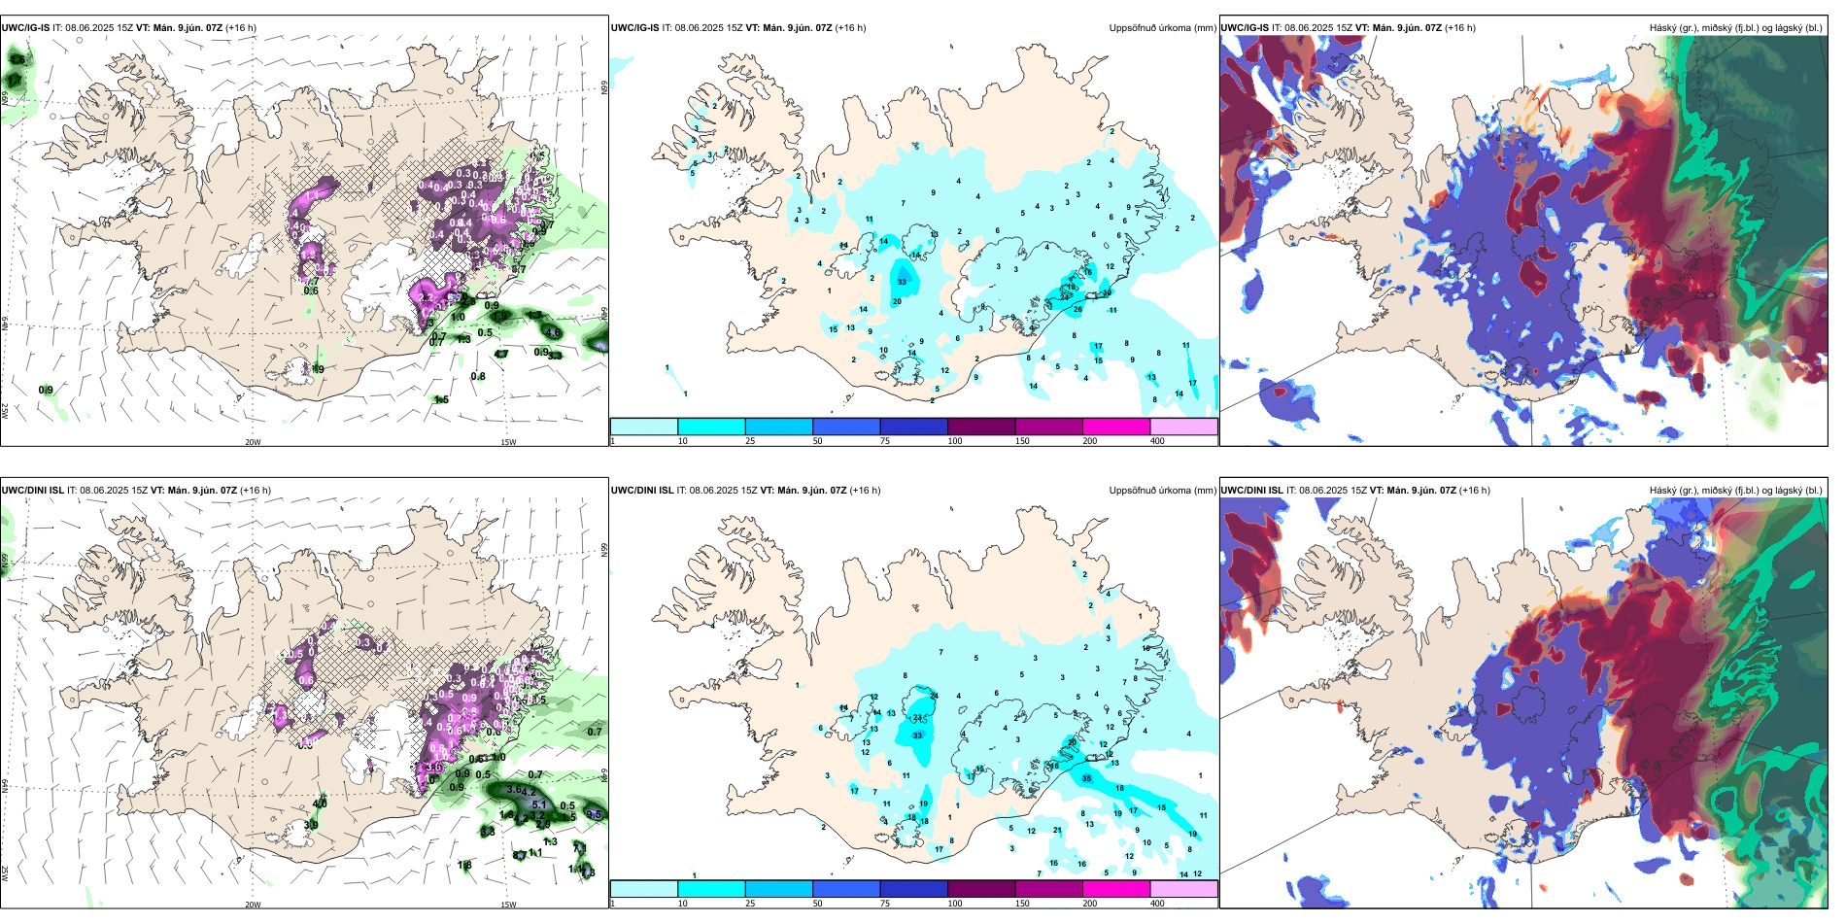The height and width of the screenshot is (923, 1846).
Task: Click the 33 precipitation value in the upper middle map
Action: pyautogui.click(x=903, y=282)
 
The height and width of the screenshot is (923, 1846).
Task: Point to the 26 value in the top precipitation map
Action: pyautogui.click(x=1077, y=310)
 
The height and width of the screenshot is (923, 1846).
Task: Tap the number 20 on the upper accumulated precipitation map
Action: pyautogui.click(x=897, y=301)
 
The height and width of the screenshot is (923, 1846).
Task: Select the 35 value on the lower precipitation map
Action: pyautogui.click(x=1086, y=778)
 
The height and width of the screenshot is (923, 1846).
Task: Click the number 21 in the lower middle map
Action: pyautogui.click(x=1058, y=830)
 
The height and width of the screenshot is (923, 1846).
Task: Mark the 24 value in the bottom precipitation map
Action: pyautogui.click(x=934, y=696)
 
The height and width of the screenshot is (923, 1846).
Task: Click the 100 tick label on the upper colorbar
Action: pyautogui.click(x=955, y=441)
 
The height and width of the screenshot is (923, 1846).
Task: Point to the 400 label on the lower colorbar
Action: pyautogui.click(x=1157, y=904)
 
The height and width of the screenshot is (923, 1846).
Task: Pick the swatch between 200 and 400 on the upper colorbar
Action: pyautogui.click(x=1183, y=427)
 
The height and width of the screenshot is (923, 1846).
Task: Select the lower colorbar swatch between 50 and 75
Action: pyautogui.click(x=845, y=889)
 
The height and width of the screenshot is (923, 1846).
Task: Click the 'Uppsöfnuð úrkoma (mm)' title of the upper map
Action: pyautogui.click(x=1162, y=28)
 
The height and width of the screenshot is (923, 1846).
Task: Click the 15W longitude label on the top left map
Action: pyautogui.click(x=507, y=442)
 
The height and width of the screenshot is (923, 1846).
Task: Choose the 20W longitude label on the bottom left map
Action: pyautogui.click(x=253, y=905)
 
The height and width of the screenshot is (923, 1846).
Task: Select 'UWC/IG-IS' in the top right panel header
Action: pyautogui.click(x=1245, y=28)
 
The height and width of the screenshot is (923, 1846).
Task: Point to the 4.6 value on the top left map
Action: pyautogui.click(x=554, y=332)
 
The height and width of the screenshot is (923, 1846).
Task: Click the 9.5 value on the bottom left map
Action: pyautogui.click(x=594, y=815)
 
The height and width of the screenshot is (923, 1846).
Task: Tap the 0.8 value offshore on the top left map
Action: pyautogui.click(x=478, y=377)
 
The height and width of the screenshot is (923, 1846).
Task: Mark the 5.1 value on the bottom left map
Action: pyautogui.click(x=539, y=804)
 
